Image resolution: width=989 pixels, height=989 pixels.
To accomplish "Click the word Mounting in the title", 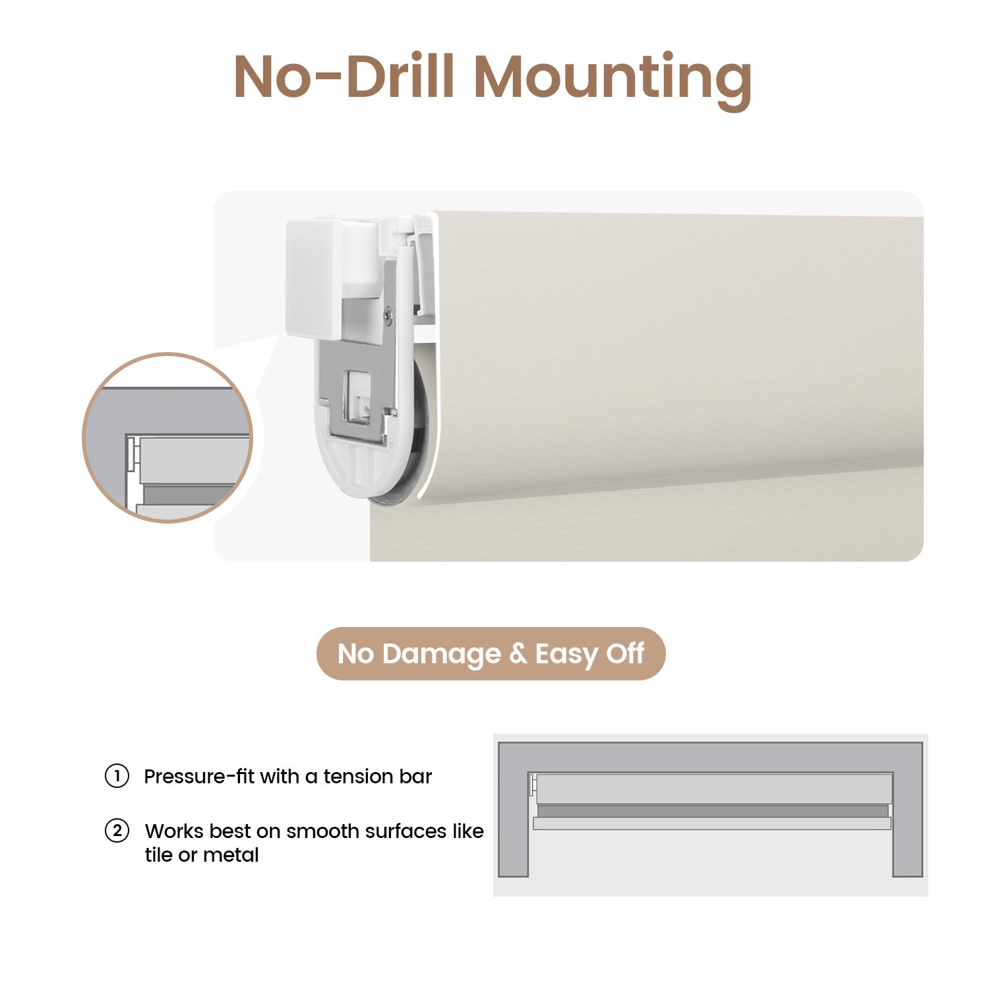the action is (x=613, y=79).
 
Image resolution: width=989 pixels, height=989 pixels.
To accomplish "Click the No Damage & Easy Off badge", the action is (x=491, y=653).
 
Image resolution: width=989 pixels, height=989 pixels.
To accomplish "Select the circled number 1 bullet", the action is (x=117, y=776).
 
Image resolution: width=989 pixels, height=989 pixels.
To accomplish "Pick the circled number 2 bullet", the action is (x=117, y=831).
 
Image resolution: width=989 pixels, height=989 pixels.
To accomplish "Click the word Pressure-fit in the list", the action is (x=198, y=777).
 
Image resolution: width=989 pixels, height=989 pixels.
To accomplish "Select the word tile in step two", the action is (x=158, y=855).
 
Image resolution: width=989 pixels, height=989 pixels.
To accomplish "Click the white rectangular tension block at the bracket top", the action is (x=314, y=279).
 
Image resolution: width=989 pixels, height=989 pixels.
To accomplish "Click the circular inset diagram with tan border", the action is (x=167, y=438).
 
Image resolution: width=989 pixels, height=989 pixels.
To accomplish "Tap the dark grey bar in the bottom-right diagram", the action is (x=712, y=811).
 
